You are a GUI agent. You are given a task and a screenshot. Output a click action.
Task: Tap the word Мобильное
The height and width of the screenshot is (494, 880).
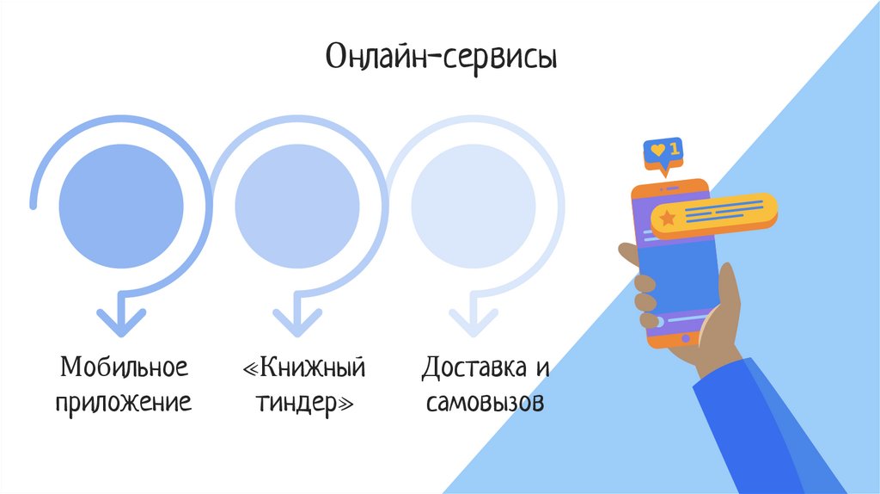(x=124, y=368)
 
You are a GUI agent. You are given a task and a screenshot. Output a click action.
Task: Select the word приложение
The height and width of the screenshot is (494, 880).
(x=124, y=402)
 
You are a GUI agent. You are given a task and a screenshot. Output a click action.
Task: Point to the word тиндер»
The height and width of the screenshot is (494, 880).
(x=304, y=402)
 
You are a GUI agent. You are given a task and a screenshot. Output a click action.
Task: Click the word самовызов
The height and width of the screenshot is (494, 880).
(x=485, y=402)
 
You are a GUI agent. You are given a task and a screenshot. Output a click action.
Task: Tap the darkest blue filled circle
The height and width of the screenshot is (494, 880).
(x=121, y=207)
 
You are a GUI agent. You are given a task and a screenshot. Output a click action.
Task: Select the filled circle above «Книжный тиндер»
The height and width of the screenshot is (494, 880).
(x=296, y=207)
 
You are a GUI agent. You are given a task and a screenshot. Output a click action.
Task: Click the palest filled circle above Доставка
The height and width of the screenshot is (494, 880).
(x=473, y=207)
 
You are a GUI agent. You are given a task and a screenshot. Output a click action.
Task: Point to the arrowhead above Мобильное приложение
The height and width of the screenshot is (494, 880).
(x=121, y=320)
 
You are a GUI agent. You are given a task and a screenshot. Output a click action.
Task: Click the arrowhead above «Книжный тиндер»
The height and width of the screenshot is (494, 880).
(x=296, y=320)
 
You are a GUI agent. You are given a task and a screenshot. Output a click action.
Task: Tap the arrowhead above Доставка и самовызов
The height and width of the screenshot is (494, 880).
(x=473, y=320)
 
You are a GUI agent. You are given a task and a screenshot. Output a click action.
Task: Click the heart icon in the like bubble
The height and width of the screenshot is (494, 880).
(x=657, y=150)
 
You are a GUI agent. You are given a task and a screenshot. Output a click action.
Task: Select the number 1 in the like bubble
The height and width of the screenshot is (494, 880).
(x=674, y=149)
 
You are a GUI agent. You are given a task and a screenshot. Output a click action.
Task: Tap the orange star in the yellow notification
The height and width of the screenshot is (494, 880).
(x=667, y=219)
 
